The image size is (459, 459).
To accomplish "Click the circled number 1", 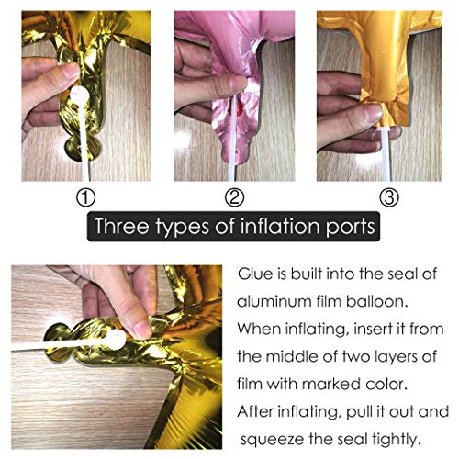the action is tap(85, 197).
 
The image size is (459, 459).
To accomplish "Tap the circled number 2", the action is tap(234, 197).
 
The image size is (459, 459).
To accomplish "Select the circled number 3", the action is tap(389, 197).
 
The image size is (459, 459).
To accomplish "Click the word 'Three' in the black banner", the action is tap(122, 226).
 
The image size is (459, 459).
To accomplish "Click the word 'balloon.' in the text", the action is tap(377, 302).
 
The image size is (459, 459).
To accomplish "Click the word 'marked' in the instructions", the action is tap(331, 384).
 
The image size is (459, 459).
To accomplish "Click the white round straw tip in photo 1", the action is tap(80, 95).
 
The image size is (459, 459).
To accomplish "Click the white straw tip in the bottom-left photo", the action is tap(116, 339).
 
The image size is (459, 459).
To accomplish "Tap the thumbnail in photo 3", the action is tap(374, 114).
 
